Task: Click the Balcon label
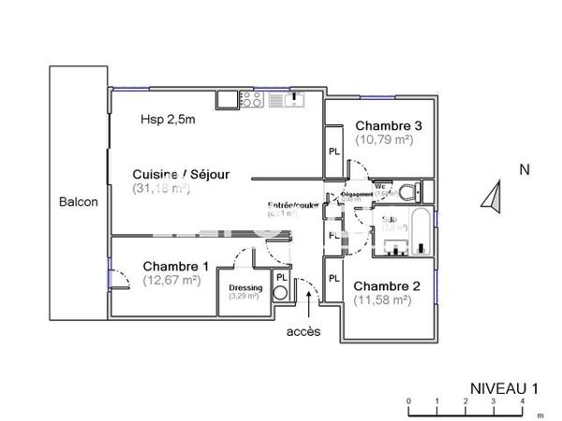(78, 202)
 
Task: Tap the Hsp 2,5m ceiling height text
(168, 119)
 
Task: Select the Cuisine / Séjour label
(179, 174)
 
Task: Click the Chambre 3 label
(388, 126)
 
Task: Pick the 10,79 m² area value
(384, 139)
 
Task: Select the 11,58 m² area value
(382, 300)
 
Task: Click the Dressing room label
(245, 287)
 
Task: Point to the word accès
(303, 331)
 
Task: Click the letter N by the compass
(525, 169)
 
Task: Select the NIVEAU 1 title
(504, 385)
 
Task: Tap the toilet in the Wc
(416, 191)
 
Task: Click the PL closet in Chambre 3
(333, 152)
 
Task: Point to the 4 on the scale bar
(523, 399)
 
